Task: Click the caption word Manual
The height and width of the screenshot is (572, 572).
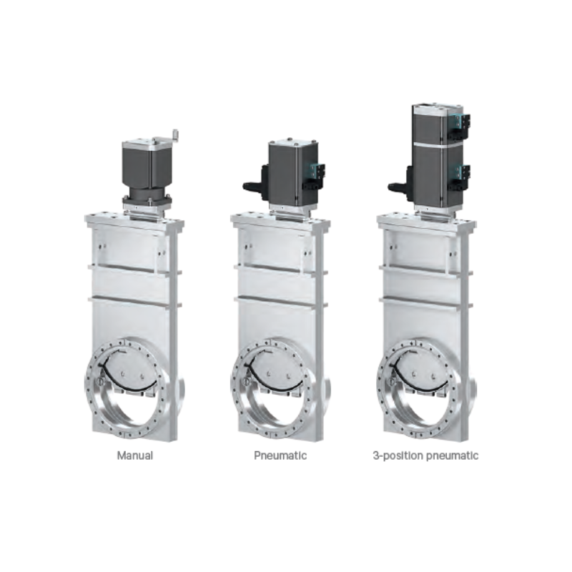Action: (135, 455)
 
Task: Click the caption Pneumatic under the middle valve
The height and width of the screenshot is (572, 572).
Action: (280, 455)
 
